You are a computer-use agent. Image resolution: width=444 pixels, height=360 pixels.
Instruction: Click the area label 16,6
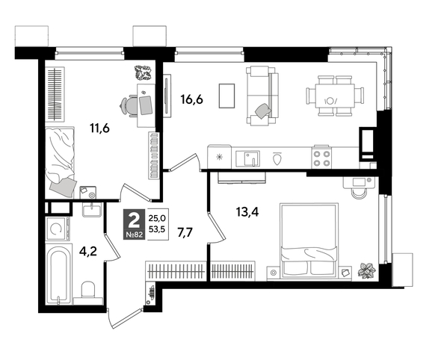[x=191, y=99]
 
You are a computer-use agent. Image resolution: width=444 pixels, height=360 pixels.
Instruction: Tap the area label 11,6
[x=99, y=128]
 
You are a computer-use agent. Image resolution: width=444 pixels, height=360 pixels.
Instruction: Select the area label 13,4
[x=247, y=211]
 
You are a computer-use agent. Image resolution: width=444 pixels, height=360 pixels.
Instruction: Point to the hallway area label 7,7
[x=185, y=233]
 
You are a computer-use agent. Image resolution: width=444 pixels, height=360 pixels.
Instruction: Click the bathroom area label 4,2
[x=87, y=251]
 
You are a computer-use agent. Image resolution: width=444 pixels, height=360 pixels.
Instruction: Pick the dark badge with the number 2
[x=135, y=224]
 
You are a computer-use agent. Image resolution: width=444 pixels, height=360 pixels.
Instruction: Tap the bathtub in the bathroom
[x=58, y=275]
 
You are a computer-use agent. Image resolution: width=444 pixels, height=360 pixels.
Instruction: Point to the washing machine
[x=58, y=229]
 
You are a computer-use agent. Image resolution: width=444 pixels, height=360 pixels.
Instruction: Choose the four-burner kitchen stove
[x=321, y=158]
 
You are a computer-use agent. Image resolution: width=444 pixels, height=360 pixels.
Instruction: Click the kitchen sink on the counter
[x=247, y=158]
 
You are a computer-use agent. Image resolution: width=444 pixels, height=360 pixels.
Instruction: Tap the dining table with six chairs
[x=335, y=96]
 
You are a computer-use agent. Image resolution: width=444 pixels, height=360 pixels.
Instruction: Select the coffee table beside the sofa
[x=226, y=96]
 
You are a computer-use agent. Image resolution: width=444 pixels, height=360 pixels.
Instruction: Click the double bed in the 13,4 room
[x=309, y=240]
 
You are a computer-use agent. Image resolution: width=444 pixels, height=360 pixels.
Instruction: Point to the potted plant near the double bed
[x=367, y=270]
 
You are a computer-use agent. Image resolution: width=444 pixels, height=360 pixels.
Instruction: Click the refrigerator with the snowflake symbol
[x=219, y=157]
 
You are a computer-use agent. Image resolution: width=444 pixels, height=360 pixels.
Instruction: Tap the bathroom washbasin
[x=92, y=209]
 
